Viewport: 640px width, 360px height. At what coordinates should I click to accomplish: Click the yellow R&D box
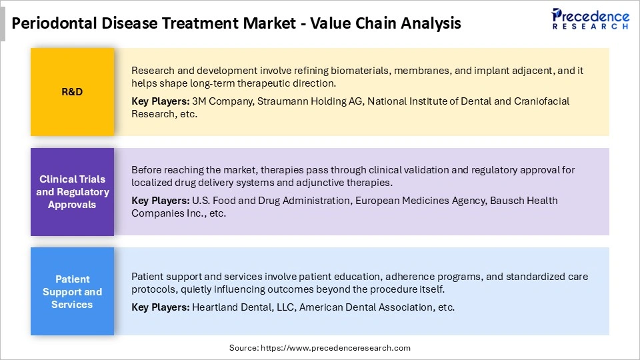point(72,92)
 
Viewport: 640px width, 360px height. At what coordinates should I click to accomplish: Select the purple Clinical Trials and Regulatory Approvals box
point(72,192)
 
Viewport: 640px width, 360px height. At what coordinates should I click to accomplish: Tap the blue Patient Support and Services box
point(72,292)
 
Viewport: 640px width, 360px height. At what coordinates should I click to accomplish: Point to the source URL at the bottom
point(320,347)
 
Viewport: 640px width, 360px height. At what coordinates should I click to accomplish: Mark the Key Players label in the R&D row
point(160,101)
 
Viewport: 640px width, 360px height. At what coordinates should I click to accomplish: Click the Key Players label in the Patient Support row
point(160,307)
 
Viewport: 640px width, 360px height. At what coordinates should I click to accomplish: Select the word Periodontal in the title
point(55,23)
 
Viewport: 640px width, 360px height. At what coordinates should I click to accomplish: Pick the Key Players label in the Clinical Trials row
point(160,201)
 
